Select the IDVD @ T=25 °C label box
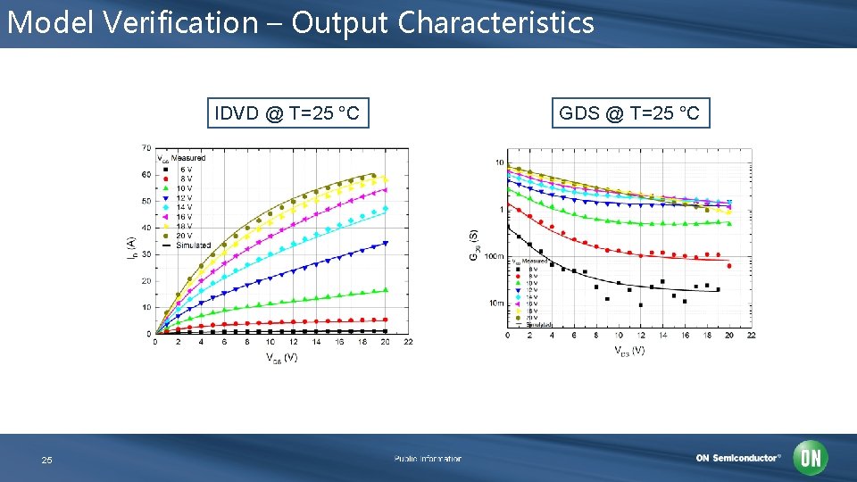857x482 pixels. pos(287,113)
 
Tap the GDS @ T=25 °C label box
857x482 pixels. pos(629,113)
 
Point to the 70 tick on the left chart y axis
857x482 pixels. pos(145,148)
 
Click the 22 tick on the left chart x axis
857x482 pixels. pos(408,342)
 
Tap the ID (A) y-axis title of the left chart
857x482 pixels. pos(129,246)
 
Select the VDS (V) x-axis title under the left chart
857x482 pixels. pos(281,357)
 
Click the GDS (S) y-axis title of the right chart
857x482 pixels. pos(473,245)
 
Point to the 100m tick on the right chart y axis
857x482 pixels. pos(494,256)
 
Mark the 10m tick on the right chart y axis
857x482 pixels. pos(495,303)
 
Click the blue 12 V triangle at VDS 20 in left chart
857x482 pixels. pos(386,243)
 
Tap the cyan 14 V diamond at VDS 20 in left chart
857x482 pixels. pos(386,209)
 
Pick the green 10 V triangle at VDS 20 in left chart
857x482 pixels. pos(386,290)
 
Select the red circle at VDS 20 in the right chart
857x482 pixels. pos(729,266)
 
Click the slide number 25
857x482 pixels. pos(46,460)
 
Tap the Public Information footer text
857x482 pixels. pos(428,459)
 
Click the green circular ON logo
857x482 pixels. pos(811,458)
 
